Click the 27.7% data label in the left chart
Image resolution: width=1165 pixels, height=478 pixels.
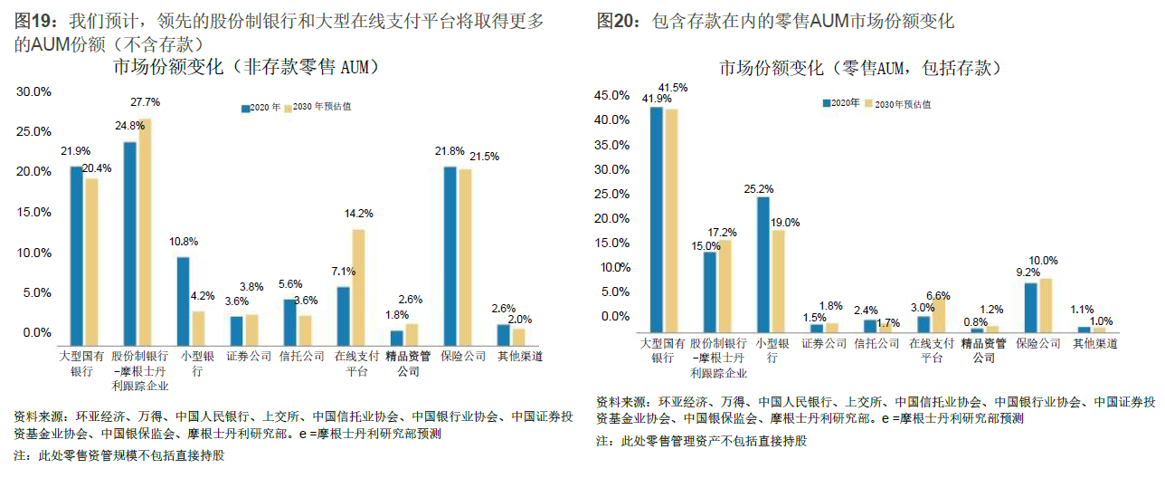click(x=146, y=102)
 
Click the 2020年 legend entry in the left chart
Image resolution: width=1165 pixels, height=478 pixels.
click(x=262, y=107)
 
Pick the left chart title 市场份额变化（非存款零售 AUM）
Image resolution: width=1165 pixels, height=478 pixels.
click(x=245, y=67)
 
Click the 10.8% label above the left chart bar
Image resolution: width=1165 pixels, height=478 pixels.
click(x=183, y=243)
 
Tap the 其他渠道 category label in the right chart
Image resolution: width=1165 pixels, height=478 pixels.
click(x=1095, y=344)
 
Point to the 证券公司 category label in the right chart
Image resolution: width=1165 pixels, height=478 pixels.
click(x=824, y=344)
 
